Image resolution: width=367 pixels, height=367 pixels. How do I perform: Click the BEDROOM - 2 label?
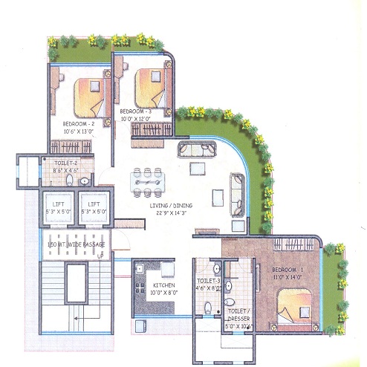coord(79,123)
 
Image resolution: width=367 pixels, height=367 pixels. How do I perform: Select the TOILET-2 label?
coord(65,161)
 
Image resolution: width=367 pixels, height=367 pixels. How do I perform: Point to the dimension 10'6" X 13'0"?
coord(78,131)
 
